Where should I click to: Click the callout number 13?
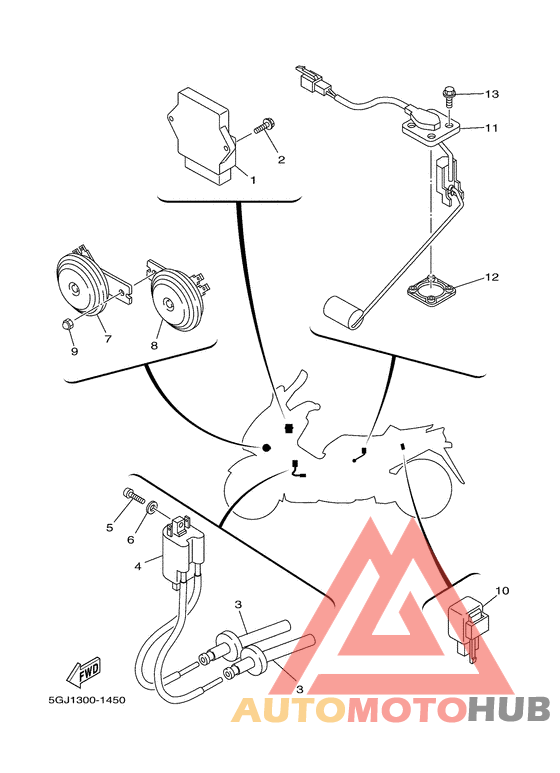[492, 94]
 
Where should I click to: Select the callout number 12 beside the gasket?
[492, 277]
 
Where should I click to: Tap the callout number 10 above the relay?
[502, 591]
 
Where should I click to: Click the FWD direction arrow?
[84, 673]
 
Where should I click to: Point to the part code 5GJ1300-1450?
[87, 700]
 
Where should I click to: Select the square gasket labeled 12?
[431, 291]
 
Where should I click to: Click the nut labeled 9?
[69, 325]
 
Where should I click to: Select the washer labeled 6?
[152, 506]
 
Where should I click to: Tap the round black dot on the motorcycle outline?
[266, 448]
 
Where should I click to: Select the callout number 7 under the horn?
[107, 339]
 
